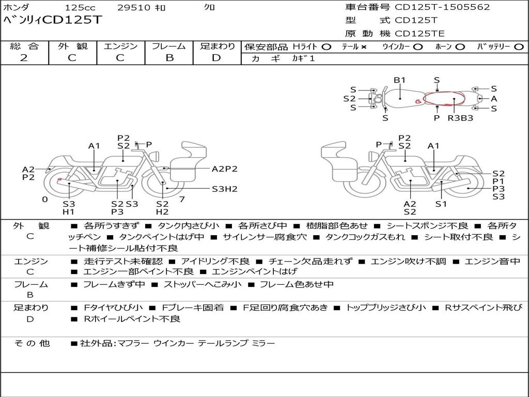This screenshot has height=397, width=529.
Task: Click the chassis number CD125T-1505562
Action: click(442, 7)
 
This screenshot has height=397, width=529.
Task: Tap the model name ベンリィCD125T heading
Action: click(52, 20)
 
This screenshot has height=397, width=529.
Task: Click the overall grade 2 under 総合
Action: click(24, 57)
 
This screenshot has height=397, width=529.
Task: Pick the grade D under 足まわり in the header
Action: click(216, 58)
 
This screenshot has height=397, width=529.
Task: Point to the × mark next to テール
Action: click(364, 47)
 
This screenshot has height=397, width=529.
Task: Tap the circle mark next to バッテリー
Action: click(519, 47)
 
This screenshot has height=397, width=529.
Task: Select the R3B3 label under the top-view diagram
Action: click(460, 118)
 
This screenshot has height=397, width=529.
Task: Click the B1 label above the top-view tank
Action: click(399, 80)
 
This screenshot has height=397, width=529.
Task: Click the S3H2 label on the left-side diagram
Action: click(225, 189)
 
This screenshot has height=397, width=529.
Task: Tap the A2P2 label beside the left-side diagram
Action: click(225, 169)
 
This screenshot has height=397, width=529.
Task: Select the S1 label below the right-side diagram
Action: click(441, 204)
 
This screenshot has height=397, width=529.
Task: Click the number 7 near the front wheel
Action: click(182, 199)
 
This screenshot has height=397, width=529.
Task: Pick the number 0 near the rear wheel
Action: click(45, 200)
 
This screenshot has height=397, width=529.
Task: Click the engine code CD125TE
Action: click(419, 34)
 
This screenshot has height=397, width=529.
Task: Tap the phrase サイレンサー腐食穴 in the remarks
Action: click(265, 237)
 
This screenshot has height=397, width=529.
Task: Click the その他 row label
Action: click(32, 343)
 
